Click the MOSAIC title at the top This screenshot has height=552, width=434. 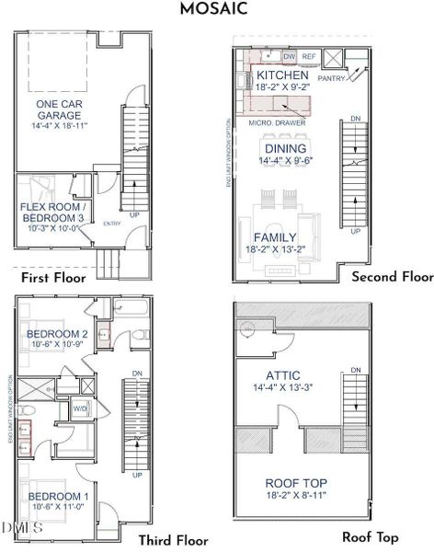216,10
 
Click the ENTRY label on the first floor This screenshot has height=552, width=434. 112,224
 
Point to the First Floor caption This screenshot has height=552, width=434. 52,277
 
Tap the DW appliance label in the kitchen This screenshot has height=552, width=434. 289,56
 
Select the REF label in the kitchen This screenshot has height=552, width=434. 309,56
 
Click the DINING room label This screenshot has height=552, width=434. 287,148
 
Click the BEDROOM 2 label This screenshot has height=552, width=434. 57,334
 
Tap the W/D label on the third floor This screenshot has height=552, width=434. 80,408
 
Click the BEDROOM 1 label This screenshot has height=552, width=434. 57,498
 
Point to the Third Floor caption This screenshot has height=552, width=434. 174,540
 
